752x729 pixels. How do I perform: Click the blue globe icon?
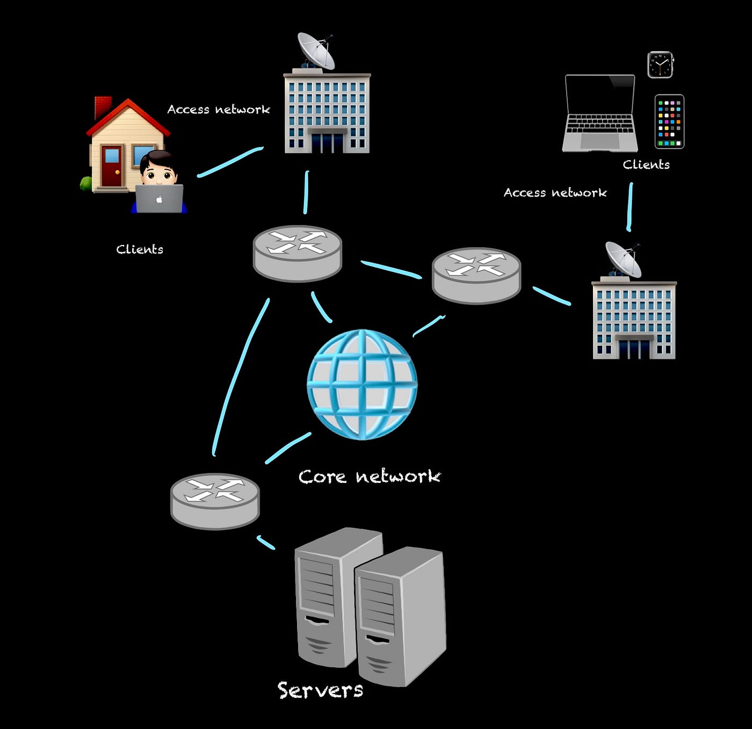[361, 384]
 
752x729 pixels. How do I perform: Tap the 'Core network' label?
[370, 477]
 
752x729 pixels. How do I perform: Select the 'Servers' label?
[320, 690]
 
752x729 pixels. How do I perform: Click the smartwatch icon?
[660, 65]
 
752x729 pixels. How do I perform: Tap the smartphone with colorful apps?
[669, 121]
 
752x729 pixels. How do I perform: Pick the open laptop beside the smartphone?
[599, 113]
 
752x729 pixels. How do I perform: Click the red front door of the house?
[112, 166]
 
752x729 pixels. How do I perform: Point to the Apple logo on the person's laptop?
[159, 199]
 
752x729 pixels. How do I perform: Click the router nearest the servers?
[215, 501]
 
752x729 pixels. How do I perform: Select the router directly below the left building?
[297, 252]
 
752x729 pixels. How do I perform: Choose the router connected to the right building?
[476, 275]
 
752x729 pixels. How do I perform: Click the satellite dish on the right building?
[623, 258]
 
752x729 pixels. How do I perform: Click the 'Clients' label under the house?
[140, 249]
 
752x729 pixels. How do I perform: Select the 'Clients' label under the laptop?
[646, 165]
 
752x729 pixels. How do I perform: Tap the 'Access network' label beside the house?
[219, 110]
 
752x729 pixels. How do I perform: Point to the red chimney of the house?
[102, 106]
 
